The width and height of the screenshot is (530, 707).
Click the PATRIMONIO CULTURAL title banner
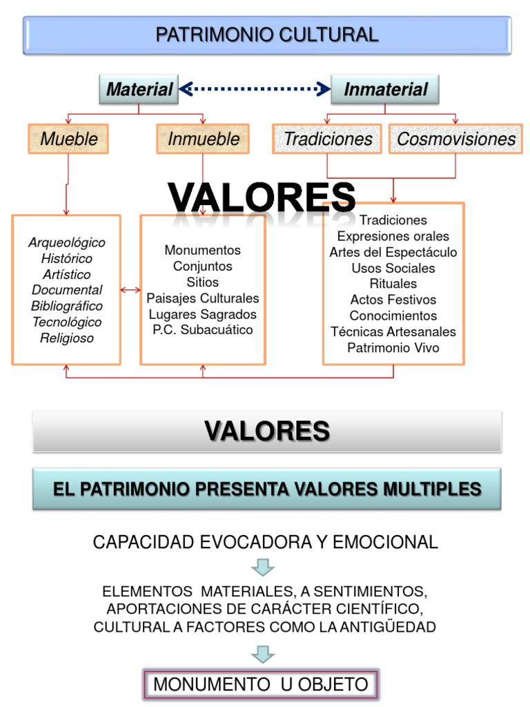(x=266, y=35)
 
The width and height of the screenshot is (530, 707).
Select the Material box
(x=139, y=89)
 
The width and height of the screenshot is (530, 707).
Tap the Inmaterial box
(x=385, y=89)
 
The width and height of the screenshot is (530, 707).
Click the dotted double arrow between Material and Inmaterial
(x=255, y=88)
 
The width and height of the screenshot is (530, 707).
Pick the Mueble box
(x=68, y=139)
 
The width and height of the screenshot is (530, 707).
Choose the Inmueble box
(x=203, y=139)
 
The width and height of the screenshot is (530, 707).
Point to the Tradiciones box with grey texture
(x=327, y=139)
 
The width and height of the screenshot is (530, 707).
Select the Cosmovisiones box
(x=455, y=139)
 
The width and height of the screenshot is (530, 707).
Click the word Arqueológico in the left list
(x=67, y=242)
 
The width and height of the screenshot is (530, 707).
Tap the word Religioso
(x=67, y=338)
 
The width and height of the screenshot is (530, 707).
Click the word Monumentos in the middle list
(x=203, y=250)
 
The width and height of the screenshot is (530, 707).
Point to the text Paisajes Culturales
(x=203, y=298)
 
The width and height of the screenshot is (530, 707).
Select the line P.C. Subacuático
(x=203, y=330)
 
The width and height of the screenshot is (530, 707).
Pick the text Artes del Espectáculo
(x=393, y=252)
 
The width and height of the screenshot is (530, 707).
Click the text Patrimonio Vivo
(x=393, y=347)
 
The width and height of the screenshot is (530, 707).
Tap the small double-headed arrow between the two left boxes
(x=130, y=290)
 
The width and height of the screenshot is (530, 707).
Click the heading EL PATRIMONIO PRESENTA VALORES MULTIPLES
(x=266, y=490)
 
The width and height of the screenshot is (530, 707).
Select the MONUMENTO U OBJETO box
(x=260, y=684)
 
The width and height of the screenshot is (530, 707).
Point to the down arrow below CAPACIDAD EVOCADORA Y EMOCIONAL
(x=263, y=567)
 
